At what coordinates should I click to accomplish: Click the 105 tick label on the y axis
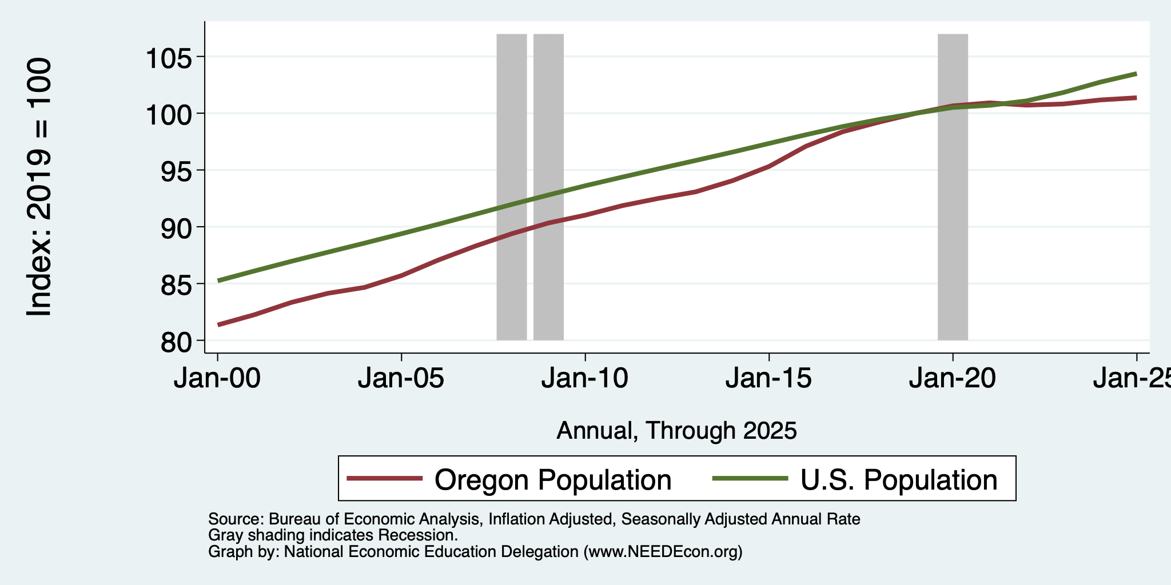point(170,57)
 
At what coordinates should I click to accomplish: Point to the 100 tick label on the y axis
point(170,114)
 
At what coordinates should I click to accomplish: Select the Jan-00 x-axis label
point(217,378)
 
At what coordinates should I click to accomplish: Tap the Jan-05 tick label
point(401,378)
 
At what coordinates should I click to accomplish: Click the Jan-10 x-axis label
point(585,378)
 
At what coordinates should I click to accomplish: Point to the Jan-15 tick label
point(769,378)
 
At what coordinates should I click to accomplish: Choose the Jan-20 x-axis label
point(953,378)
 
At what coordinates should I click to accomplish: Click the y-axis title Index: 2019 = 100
point(39,187)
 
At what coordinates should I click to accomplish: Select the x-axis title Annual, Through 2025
point(676,430)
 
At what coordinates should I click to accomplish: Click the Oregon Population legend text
point(553,480)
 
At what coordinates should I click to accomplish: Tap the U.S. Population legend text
point(899,480)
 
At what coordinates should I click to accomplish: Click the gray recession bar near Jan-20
point(953,187)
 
